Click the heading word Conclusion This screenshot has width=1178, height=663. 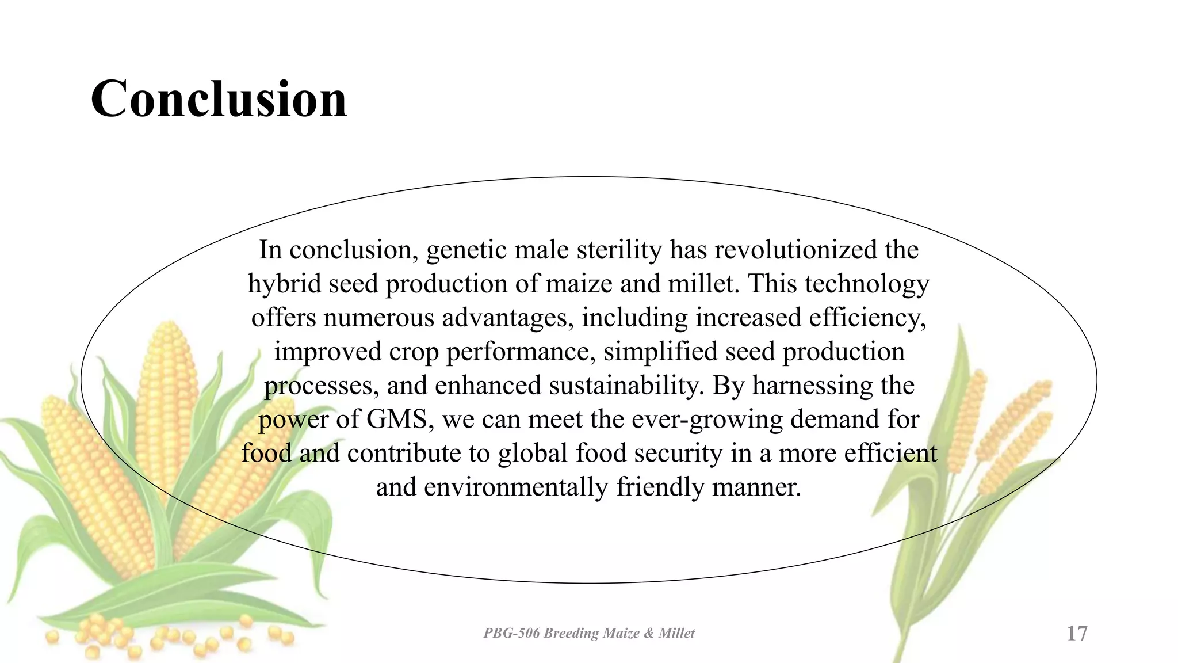219,99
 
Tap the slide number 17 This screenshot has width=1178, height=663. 1077,633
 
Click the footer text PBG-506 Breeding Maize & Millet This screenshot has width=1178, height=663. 588,633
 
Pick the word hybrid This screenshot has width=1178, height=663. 285,284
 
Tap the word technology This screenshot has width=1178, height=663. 867,284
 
